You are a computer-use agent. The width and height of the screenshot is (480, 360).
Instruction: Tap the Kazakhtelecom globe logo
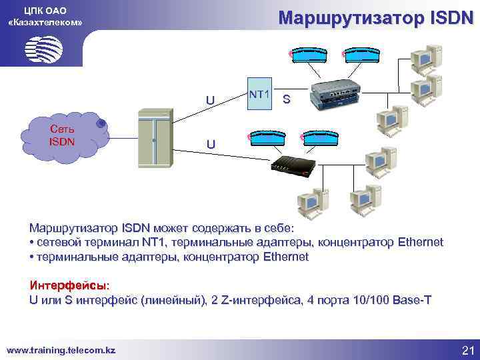44,48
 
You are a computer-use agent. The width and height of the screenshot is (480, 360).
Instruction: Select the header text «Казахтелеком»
45,23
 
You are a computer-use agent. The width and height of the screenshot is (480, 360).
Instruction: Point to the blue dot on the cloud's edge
101,123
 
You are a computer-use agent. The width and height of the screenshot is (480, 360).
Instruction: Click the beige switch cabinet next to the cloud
154,139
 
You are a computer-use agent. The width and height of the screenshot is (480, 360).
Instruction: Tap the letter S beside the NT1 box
286,100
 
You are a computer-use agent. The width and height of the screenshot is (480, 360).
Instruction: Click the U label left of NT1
210,101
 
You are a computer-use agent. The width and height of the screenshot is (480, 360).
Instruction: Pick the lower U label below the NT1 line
210,144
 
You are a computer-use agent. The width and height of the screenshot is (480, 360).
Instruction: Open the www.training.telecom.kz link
61,350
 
